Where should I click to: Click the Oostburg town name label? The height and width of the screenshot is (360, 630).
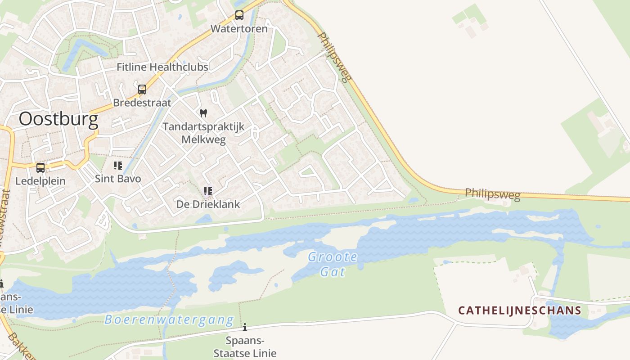pos(58,120)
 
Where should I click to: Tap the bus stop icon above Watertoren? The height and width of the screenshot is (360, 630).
pos(239,15)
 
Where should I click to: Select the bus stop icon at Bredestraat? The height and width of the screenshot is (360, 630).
pos(142,89)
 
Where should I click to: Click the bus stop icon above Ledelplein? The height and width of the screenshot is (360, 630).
pos(40,168)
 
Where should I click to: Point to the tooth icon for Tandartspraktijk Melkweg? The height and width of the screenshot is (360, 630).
pos(203,113)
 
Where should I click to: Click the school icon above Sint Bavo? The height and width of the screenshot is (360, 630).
pos(118,165)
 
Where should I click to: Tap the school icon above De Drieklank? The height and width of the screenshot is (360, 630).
pos(207,191)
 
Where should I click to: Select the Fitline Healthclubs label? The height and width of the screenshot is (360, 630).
pos(162,67)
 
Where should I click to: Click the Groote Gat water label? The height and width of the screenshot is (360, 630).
pos(333,264)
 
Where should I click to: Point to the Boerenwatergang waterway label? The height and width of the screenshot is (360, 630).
pos(169,320)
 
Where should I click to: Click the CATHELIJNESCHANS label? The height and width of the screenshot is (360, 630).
pos(520,310)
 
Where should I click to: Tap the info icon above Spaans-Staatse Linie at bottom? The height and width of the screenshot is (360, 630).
pos(245,327)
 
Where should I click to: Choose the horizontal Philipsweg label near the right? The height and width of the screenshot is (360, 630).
pos(492,194)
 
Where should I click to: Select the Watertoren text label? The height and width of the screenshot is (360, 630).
pos(239,29)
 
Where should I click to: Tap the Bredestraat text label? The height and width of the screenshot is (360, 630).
pos(142,103)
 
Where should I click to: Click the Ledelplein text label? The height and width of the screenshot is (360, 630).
pos(40,181)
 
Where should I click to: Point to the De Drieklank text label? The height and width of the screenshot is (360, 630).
pos(208,204)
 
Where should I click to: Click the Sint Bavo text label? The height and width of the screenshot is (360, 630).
pos(118,179)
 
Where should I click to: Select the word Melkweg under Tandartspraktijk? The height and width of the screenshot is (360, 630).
pos(203,139)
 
